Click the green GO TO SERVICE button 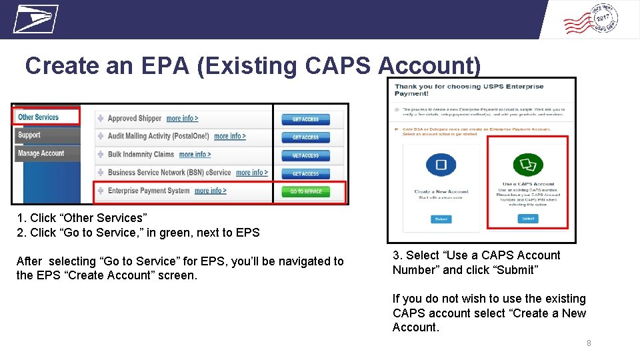point(305,192)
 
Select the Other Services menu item point(39,117)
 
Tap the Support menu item point(29,135)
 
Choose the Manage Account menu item point(41,153)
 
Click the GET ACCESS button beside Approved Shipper point(305,119)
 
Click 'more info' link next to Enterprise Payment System point(210,191)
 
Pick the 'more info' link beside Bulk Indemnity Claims point(195,155)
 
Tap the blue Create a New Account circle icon point(441,165)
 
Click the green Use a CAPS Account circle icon point(527,165)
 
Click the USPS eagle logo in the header point(35,19)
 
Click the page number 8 point(589,343)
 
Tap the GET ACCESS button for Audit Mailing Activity point(305,137)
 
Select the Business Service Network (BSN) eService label point(169,173)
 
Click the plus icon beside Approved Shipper point(101,119)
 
